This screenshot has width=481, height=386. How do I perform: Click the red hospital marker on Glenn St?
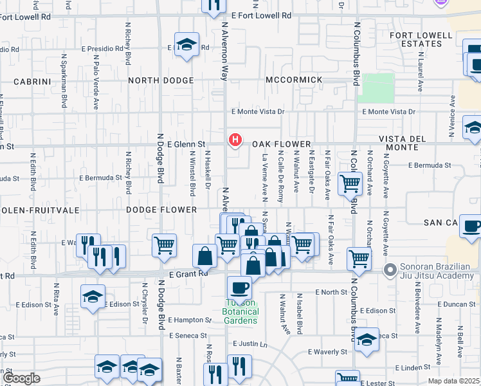click(235, 139)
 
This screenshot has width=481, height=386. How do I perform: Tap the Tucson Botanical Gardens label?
click(240, 311)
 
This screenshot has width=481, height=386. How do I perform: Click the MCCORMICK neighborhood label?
click(293, 80)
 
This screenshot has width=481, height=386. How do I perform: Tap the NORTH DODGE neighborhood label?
click(161, 80)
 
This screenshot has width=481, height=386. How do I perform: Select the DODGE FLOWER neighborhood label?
click(161, 210)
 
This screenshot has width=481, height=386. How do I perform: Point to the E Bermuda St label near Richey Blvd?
click(100, 177)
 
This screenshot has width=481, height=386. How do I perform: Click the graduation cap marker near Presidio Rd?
click(186, 45)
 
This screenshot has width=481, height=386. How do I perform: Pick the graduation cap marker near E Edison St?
click(93, 296)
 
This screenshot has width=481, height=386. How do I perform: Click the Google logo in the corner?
click(21, 378)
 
